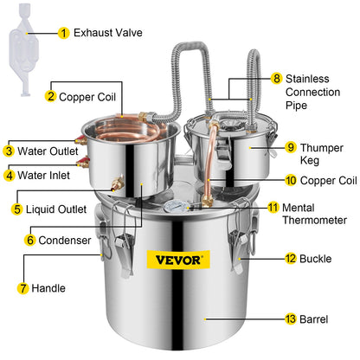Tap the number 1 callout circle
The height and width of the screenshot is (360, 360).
pos(63,33)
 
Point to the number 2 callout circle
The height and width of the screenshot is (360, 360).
pos(51,97)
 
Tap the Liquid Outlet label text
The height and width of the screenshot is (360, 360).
pos(54,209)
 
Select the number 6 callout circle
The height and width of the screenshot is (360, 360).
pos(30,239)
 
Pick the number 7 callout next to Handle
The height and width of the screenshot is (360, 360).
pos(10,286)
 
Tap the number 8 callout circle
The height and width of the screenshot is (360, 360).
pos(276,79)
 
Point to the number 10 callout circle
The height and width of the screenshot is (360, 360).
pos(267,180)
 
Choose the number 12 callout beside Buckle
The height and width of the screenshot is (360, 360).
pos(267,259)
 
